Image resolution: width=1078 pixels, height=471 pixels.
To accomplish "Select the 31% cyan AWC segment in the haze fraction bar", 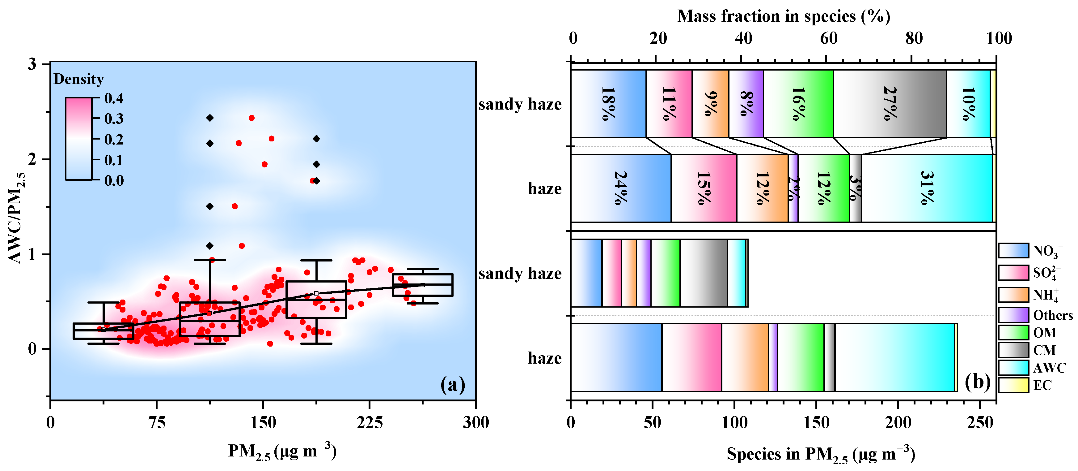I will [x=927, y=188].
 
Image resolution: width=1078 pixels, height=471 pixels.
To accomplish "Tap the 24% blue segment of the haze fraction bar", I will [x=621, y=188].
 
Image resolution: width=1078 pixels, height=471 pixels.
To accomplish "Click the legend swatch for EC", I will [x=1013, y=385].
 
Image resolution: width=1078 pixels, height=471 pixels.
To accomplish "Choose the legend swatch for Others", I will [x=1013, y=315].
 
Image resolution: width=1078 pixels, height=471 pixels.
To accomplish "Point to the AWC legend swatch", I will [x=1013, y=368].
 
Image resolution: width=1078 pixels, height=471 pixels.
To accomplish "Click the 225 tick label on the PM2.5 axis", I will [x=370, y=422].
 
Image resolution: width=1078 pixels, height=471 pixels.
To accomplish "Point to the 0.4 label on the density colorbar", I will [x=114, y=98].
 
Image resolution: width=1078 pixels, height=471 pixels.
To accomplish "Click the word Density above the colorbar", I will [x=79, y=79].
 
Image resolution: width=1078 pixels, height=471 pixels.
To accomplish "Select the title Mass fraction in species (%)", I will [x=783, y=16].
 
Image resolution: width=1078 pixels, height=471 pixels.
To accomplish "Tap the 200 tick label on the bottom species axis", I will [x=898, y=422].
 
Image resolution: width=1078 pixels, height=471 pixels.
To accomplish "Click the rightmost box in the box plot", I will [x=422, y=285].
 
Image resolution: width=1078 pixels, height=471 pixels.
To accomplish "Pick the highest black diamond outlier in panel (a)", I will [x=210, y=118].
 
